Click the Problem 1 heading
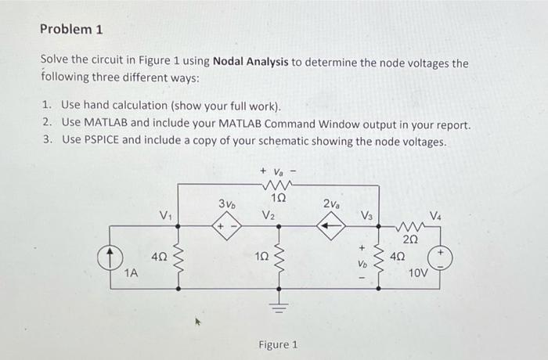click(x=71, y=29)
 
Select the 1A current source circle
click(x=110, y=258)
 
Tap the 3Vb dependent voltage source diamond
click(x=226, y=226)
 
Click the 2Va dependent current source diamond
click(x=331, y=226)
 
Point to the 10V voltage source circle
click(x=440, y=258)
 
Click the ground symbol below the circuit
click(x=279, y=308)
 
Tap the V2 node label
click(x=268, y=214)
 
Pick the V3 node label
click(x=366, y=215)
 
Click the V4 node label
click(x=435, y=215)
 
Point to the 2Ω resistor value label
click(x=410, y=239)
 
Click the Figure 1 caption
click(x=278, y=344)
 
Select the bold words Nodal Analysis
click(x=251, y=62)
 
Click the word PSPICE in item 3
click(x=101, y=140)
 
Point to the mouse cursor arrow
click(x=198, y=321)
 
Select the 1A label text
click(x=132, y=273)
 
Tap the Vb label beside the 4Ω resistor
click(x=362, y=265)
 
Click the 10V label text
click(x=418, y=272)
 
